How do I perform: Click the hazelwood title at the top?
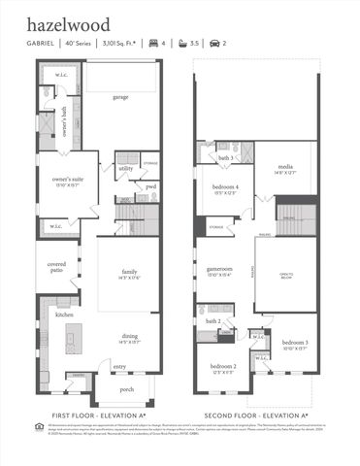point(68,24)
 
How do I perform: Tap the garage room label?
point(120,97)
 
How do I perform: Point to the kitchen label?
point(64,316)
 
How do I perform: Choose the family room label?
point(129,273)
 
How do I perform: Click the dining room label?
point(129,339)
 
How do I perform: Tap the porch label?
point(126,389)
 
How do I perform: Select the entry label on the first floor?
point(119,366)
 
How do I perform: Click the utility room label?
point(126,168)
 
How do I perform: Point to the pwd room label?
point(150,187)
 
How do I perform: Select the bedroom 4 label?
point(226,188)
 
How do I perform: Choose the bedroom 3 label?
point(295,345)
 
